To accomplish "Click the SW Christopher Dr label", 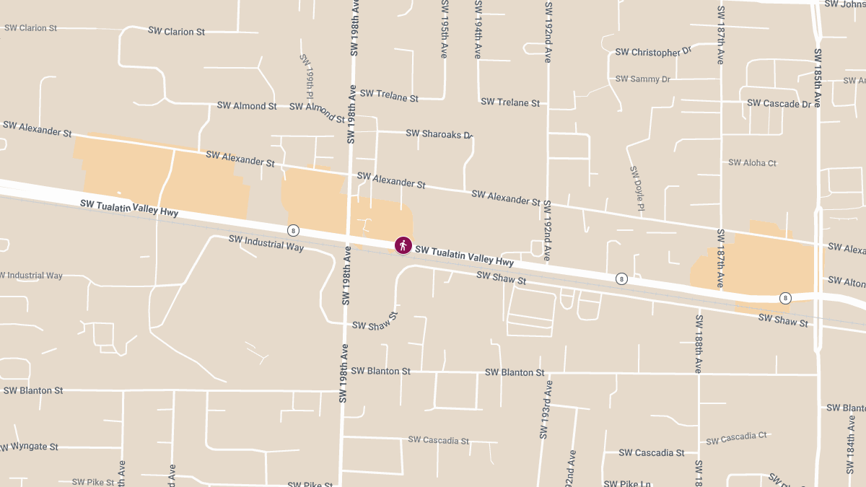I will (x=653, y=52).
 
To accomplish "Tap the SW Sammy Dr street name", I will (x=642, y=79).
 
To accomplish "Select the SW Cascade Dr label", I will (x=779, y=103).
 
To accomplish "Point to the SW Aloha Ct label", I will (x=752, y=163).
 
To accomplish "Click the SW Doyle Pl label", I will (x=636, y=189).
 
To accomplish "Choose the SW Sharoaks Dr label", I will (x=439, y=133).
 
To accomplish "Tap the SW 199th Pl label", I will (x=306, y=76).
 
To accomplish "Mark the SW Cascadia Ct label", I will (x=736, y=438).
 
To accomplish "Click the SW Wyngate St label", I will (x=30, y=447).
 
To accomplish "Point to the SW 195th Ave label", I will (x=444, y=30).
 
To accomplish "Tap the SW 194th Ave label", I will (x=478, y=30).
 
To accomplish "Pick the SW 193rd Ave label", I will (x=545, y=410).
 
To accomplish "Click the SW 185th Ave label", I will (x=817, y=78).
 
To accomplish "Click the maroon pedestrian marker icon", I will (x=403, y=245).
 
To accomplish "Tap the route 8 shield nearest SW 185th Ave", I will (x=785, y=298).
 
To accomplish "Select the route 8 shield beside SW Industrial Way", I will (x=293, y=230).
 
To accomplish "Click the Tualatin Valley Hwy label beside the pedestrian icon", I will (x=464, y=255).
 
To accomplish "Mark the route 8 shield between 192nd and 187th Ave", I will (x=621, y=278).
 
